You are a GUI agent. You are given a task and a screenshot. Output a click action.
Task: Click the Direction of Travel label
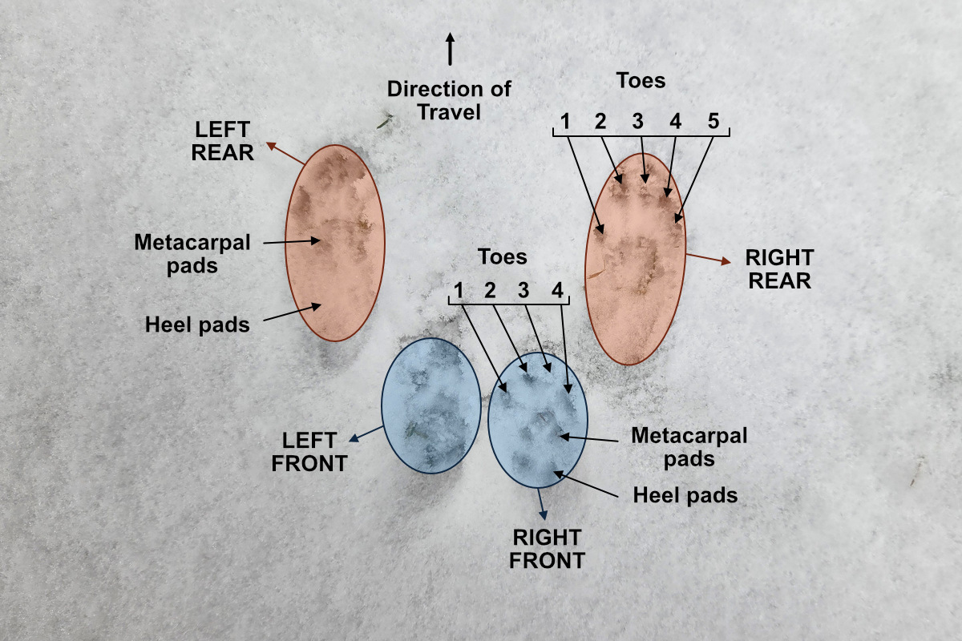tap(449, 99)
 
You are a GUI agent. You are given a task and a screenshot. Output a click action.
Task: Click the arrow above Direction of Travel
tap(451, 50)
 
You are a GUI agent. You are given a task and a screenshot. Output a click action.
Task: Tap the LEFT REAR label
tap(223, 141)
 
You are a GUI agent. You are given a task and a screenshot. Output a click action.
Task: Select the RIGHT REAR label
tap(779, 269)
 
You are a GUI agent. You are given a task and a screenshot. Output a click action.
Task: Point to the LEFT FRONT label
tap(309, 451)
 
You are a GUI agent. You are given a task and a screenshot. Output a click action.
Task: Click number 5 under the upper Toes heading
tap(714, 122)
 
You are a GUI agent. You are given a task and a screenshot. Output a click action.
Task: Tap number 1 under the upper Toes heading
tap(566, 122)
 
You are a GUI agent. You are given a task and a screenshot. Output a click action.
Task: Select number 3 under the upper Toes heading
tap(638, 122)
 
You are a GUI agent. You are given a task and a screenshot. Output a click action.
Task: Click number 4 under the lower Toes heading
tap(557, 290)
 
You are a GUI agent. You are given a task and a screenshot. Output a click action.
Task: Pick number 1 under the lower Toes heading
tap(459, 290)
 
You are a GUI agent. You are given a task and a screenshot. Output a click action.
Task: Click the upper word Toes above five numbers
tap(641, 80)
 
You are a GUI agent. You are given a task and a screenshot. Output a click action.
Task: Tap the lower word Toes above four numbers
tap(503, 256)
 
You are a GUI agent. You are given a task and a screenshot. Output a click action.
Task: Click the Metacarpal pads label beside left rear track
tap(192, 252)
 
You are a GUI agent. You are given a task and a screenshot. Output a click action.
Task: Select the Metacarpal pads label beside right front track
tap(689, 446)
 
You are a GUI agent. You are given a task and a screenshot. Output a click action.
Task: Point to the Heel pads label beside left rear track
tap(198, 325)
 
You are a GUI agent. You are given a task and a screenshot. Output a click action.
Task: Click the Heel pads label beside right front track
tap(685, 494)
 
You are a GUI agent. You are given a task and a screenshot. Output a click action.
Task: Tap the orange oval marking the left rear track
tap(335, 243)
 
